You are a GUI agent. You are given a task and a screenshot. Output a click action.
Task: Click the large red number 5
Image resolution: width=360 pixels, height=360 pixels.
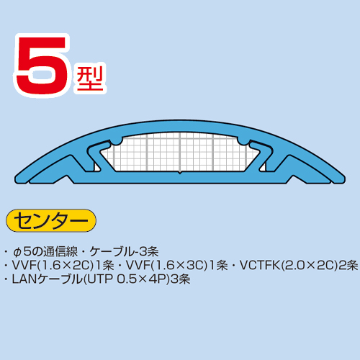point(41,65)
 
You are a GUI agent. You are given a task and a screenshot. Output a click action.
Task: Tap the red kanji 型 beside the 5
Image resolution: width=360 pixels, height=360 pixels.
point(90,78)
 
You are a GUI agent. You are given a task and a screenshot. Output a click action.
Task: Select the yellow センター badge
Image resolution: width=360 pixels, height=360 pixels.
point(51,220)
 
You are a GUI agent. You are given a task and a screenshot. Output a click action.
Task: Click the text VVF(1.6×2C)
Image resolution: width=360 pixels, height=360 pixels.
point(53,265)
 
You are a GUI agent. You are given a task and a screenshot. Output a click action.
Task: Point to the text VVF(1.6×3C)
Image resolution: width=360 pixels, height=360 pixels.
point(166,265)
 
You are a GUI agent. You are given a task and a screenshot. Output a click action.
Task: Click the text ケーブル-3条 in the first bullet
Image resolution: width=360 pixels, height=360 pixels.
point(124,251)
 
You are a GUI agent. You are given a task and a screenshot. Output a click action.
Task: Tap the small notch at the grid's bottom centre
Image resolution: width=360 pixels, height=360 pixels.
point(180,172)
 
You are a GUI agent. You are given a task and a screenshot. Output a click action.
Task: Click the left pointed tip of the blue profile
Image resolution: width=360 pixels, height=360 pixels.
point(15,179)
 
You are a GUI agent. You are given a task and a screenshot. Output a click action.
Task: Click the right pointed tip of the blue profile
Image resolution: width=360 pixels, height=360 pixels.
point(345,179)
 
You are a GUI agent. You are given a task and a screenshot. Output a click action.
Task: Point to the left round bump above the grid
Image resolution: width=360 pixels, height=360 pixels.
point(117,141)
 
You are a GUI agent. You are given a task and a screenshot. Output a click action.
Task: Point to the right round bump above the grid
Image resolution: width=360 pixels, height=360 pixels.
point(243,141)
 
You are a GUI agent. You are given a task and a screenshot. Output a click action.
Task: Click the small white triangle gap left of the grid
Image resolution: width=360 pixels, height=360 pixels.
point(96,168)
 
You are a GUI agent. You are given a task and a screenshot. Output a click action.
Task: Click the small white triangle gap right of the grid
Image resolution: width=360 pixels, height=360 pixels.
point(264,168)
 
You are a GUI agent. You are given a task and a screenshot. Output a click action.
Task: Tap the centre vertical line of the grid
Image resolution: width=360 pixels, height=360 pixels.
point(180,152)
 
